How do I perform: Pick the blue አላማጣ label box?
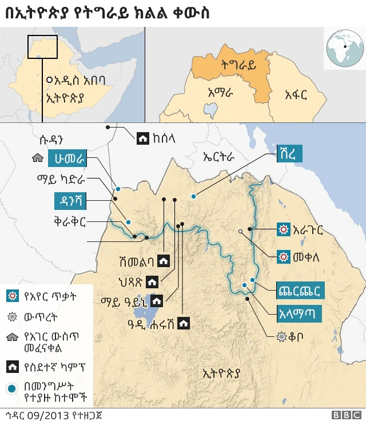pos(297,313)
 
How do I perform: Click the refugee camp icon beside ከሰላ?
pos(141,137)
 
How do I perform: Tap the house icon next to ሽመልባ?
pos(164,261)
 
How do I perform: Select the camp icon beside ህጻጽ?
pos(152,281)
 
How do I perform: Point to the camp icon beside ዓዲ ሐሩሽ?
pos(184,323)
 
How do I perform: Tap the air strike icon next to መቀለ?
pos(282,257)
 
